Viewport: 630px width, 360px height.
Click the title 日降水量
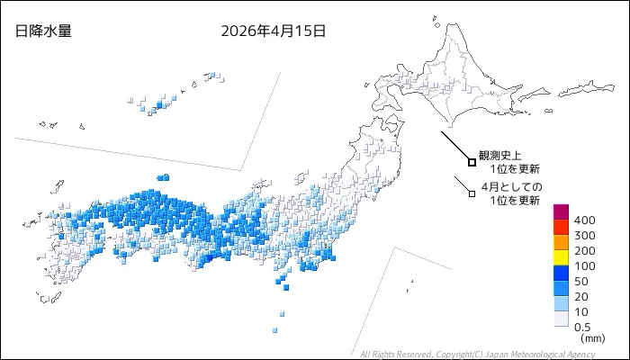point(43,31)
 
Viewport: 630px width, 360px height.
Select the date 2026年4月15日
point(274,31)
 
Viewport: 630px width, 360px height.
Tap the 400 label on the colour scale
point(584,220)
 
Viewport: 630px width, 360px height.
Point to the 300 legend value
point(584,235)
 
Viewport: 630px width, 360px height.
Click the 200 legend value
point(584,250)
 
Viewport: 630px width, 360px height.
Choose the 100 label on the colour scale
point(584,265)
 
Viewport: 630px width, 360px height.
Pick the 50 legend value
point(580,281)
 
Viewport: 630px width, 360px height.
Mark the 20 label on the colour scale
point(580,296)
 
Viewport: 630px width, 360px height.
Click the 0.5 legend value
point(582,327)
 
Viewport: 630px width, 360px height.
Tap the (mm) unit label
point(592,339)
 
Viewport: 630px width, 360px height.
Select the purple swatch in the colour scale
point(560,212)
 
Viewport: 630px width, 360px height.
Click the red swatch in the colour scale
point(560,228)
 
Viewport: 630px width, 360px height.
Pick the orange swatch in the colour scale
point(560,243)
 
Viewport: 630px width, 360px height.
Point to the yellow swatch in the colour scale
point(560,258)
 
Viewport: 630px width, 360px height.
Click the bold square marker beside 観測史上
point(472,162)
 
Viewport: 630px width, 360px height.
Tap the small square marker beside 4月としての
point(471,192)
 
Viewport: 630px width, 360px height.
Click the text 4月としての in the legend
point(512,186)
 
